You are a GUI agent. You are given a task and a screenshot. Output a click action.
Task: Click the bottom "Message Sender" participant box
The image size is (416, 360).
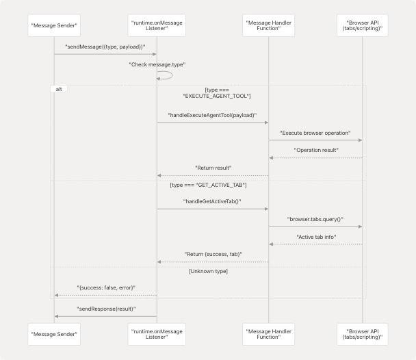pyautogui.click(x=54, y=335)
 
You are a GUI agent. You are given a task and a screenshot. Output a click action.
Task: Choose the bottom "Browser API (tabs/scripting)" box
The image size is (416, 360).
pyautogui.click(x=362, y=335)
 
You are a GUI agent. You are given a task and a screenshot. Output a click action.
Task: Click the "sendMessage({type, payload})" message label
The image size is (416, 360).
pyautogui.click(x=105, y=47)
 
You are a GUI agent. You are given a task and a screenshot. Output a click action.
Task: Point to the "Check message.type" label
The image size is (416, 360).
pyautogui.click(x=157, y=64)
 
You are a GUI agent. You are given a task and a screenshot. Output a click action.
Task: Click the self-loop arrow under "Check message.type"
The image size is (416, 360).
pyautogui.click(x=166, y=76)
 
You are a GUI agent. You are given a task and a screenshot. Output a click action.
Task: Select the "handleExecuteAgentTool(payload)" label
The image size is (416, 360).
pyautogui.click(x=212, y=115)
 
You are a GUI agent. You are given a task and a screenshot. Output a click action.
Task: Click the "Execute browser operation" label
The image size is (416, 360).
pyautogui.click(x=315, y=132)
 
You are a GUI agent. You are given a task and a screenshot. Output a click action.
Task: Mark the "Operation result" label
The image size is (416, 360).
pyautogui.click(x=315, y=150)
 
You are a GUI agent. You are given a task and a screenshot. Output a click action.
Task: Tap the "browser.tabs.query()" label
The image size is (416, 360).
pyautogui.click(x=315, y=219)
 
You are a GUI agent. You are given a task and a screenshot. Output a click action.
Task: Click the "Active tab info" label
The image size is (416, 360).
pyautogui.click(x=315, y=237)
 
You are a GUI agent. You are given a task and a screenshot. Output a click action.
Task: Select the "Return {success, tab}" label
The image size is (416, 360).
pyautogui.click(x=212, y=254)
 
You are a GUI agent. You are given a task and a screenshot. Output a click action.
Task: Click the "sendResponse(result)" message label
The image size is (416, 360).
pyautogui.click(x=105, y=309)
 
